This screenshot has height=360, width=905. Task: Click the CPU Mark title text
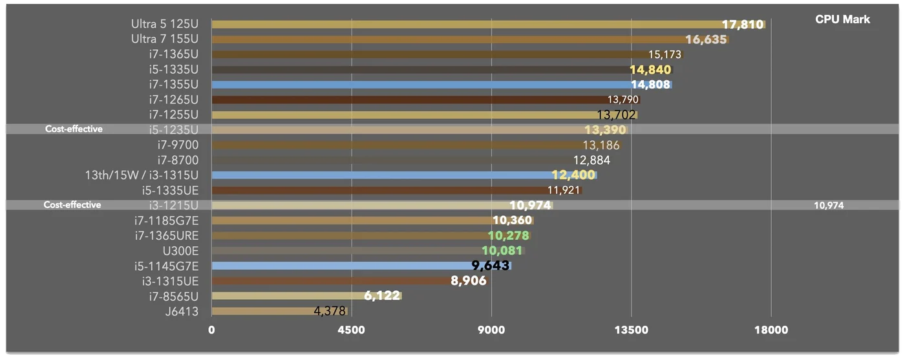coord(842,19)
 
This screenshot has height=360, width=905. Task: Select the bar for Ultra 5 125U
coord(488,25)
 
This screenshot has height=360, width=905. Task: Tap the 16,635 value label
coord(706,39)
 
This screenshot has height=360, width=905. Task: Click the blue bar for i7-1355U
coord(442,85)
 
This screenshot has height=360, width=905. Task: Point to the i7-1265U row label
coord(174,100)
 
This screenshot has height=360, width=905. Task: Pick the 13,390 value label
coord(605,130)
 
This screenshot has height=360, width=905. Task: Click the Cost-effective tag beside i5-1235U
coord(74,129)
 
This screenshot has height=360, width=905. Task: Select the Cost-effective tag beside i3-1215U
coord(72,205)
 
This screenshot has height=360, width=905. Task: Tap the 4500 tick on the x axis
coord(351,330)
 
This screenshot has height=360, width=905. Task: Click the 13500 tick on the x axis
coord(631,330)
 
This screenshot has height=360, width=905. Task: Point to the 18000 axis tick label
coord(771,330)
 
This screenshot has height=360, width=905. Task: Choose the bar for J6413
coord(279,311)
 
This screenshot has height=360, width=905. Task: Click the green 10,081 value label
coord(502,251)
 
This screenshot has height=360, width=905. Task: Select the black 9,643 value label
coord(491,266)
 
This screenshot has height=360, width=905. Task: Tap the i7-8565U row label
coord(174,297)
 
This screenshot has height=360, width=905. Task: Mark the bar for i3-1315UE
coord(349,281)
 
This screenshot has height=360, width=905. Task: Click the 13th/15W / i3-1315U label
coord(142,175)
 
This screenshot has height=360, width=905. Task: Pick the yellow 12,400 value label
coord(574,175)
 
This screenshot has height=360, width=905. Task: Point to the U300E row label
coord(180,251)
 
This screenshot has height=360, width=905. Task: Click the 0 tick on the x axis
coord(211,330)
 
